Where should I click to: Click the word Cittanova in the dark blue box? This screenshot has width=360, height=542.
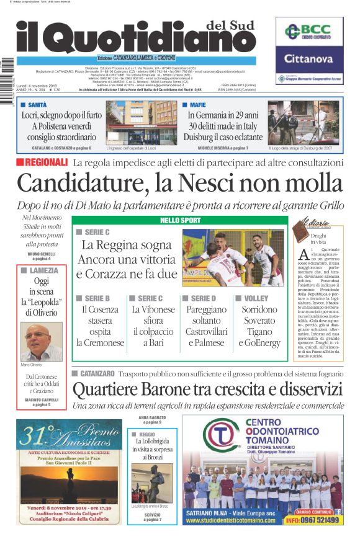(x=309, y=59)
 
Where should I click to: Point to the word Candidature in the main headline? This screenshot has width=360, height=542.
(x=78, y=184)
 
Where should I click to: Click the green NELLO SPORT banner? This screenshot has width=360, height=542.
(x=181, y=220)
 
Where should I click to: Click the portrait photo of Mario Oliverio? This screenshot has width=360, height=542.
(x=42, y=341)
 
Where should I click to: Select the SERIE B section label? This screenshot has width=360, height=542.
(x=96, y=298)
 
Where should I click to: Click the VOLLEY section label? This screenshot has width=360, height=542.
(x=256, y=298)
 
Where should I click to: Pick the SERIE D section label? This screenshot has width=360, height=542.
(x=203, y=298)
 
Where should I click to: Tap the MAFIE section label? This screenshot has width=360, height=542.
(x=197, y=105)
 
